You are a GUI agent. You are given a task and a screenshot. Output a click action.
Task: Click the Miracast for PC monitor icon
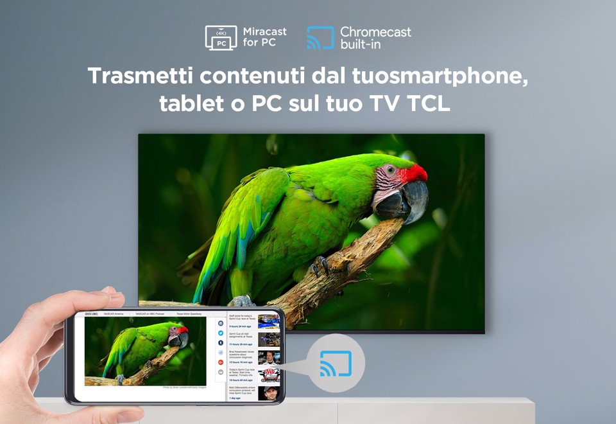pos(221,37)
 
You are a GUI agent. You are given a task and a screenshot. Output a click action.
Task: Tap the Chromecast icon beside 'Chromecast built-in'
pos(320,37)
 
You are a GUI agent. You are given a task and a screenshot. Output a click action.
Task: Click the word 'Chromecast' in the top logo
pos(375,31)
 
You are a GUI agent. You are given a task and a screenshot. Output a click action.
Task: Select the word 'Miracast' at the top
pos(265,31)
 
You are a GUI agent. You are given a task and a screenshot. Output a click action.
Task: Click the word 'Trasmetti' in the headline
pos(139,76)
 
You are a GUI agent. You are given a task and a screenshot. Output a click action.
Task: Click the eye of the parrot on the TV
pos(390,171)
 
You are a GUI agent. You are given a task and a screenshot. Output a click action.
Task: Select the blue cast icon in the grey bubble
pos(336,364)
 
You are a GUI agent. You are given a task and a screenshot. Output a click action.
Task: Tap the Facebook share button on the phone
pos(221,324)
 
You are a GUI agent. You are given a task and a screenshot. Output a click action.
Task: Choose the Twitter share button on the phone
pos(221,333)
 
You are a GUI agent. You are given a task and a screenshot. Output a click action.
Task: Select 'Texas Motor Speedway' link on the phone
pos(191,314)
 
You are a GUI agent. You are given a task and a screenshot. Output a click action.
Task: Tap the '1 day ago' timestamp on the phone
pos(235,398)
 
